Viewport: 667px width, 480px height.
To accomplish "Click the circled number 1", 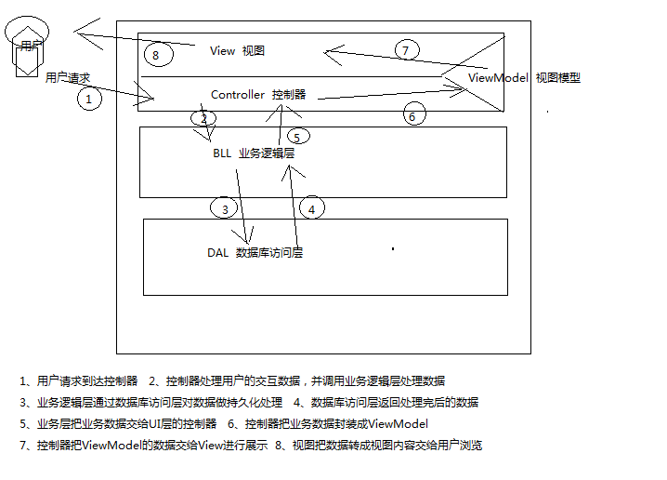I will coord(88,98).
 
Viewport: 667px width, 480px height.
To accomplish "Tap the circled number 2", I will coord(203,118).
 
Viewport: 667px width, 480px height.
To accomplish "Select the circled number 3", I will coord(224,209).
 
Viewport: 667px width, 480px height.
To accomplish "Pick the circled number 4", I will coord(312,208).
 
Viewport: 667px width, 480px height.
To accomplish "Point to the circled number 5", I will coord(296,137).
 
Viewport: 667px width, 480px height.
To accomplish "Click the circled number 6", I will coord(413,115).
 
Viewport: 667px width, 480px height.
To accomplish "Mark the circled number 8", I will coord(156,55).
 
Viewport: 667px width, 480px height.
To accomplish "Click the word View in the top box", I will coord(223,51).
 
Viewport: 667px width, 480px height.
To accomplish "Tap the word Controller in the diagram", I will coord(239,95).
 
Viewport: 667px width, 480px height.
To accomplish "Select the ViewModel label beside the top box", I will coord(499,78).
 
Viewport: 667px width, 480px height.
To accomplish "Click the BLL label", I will coord(222,153).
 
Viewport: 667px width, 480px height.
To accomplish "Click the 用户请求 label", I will coord(68,78).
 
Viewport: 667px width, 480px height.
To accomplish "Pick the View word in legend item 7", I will coord(213,446).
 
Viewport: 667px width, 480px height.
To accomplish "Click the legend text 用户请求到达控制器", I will coord(87,381).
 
